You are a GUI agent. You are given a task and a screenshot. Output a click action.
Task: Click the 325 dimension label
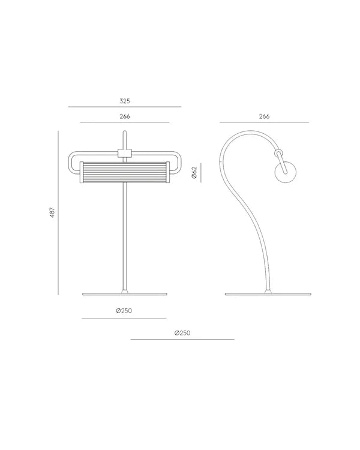coord(124,101)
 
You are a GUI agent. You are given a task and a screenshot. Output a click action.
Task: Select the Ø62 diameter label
coord(194,173)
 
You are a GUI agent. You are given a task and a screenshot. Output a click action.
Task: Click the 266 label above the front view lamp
coord(124,116)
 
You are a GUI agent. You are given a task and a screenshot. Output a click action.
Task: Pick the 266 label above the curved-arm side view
coord(264,116)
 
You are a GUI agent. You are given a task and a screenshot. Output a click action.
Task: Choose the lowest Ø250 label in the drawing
coord(182,332)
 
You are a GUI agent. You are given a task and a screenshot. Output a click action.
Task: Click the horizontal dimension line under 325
coord(124,107)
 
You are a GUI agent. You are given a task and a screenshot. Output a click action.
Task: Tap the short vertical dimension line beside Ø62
coord(201,173)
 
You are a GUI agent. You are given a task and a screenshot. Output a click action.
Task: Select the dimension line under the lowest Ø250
coord(182,340)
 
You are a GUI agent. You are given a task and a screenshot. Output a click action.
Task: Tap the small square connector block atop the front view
coord(124,153)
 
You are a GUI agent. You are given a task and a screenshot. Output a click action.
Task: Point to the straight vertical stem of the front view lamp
coord(124,234)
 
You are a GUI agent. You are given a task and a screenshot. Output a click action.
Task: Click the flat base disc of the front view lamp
coord(124,294)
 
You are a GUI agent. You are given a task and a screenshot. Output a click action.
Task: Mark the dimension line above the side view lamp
coord(264,122)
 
